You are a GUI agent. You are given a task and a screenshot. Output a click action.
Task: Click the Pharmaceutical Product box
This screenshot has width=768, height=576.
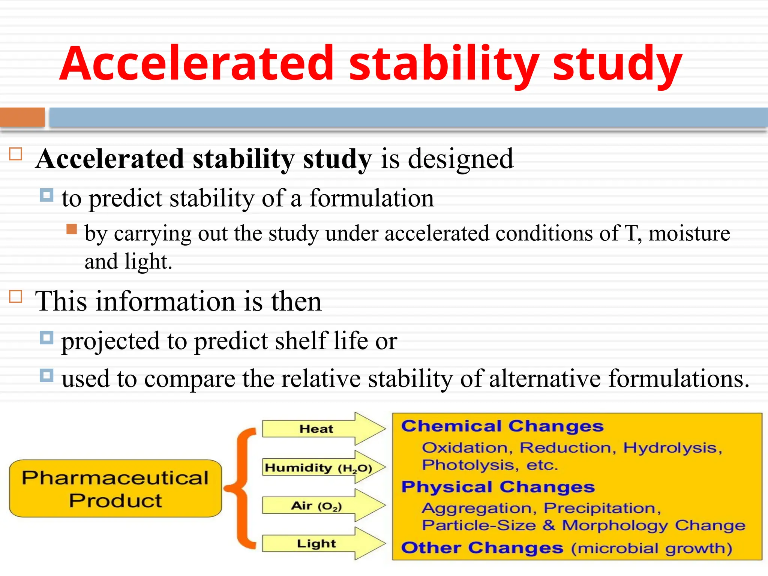(x=115, y=489)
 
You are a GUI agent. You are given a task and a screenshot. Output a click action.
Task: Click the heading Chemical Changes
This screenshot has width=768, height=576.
(x=502, y=426)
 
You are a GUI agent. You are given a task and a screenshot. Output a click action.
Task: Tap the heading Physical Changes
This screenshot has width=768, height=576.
(x=498, y=487)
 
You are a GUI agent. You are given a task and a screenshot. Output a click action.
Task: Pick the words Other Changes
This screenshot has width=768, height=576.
(x=482, y=548)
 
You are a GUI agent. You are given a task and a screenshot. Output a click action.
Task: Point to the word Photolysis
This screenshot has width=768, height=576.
(x=468, y=465)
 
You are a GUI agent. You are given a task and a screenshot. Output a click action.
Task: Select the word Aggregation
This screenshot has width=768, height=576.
(x=477, y=508)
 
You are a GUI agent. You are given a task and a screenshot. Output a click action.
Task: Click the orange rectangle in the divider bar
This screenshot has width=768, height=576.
(x=22, y=117)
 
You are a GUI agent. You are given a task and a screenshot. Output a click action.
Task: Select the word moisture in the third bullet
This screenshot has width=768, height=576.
(x=689, y=233)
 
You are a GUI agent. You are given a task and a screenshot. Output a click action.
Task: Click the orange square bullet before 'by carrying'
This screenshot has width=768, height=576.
(x=72, y=229)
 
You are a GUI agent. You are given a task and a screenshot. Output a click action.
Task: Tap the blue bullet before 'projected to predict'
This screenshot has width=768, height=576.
(x=46, y=338)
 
